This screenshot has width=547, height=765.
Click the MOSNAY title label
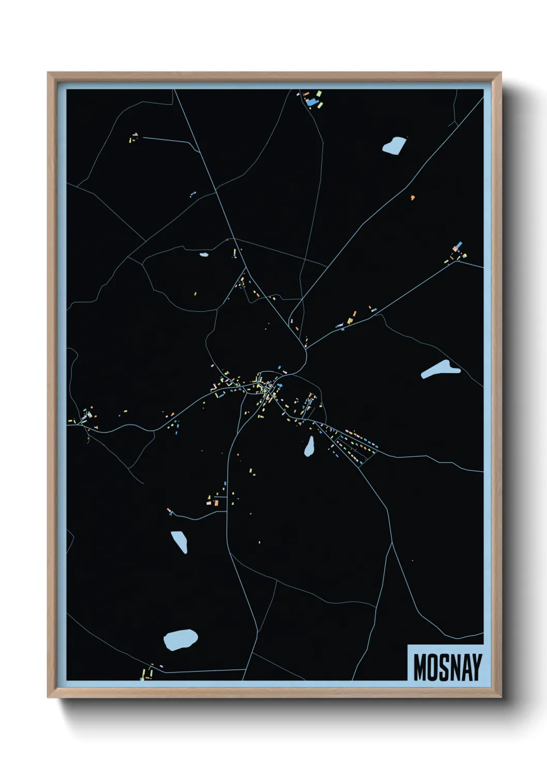pos(447,667)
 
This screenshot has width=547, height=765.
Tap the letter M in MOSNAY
pos(420,667)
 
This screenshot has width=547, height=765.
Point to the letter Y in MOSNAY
pos(476,667)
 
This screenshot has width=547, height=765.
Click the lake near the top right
pos(394,145)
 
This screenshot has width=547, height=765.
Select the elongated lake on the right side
pos(439,369)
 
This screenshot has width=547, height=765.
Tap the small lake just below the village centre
pos(309,447)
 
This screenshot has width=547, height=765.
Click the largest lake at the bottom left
pos(180,640)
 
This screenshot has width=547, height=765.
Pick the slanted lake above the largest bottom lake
pos(179,541)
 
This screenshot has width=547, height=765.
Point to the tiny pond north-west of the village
pos(203,254)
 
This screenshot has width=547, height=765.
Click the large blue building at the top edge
pos(311,102)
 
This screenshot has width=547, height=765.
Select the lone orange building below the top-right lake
pos(412,197)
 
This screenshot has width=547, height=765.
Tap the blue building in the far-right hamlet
pos(459,245)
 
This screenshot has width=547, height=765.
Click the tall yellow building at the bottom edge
pos(143,674)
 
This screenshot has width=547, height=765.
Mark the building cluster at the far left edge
pos(85,416)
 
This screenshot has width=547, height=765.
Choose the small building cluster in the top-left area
pos(133,138)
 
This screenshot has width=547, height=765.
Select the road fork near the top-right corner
pos(454,123)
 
